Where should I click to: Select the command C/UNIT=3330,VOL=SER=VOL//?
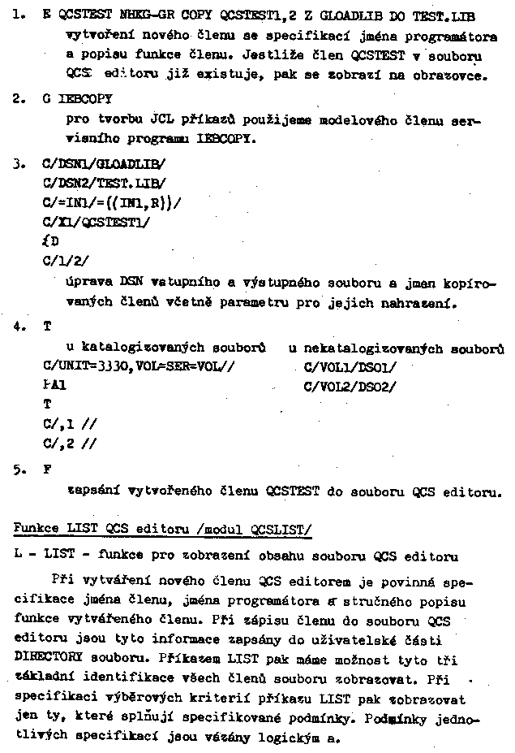coord(138,367)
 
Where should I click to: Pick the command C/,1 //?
coord(70,424)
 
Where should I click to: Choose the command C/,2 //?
coord(70,444)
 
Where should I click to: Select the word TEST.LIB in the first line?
coord(444,15)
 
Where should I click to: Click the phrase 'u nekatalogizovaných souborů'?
coord(396,348)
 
